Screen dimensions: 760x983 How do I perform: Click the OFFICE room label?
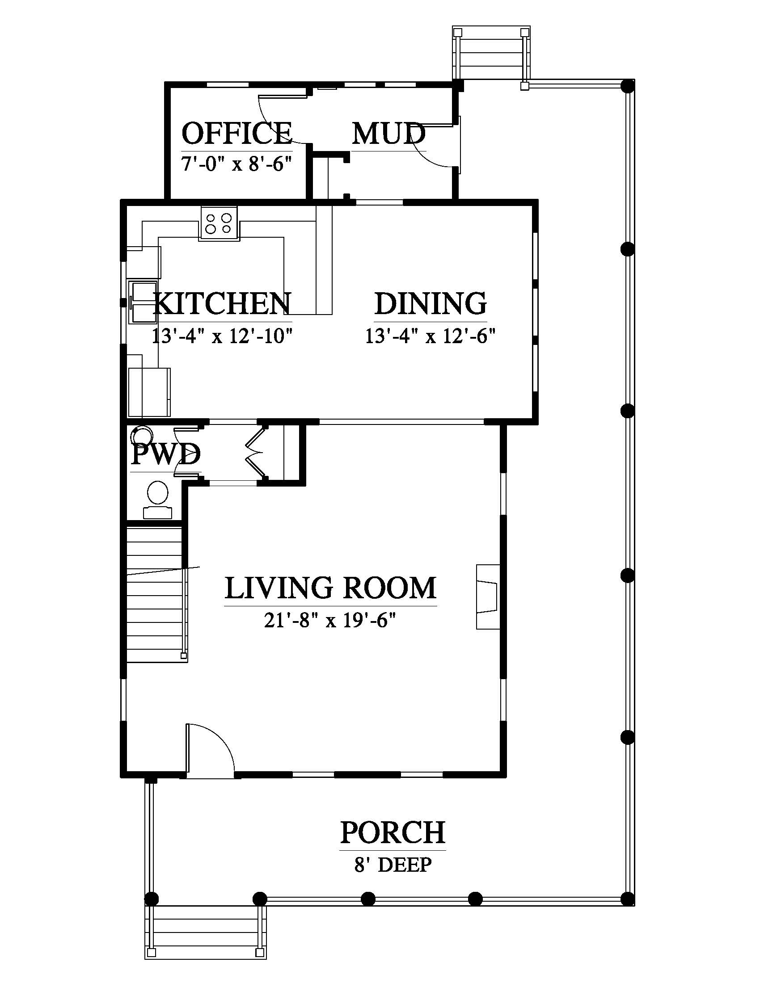click(x=237, y=133)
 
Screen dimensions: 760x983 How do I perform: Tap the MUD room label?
click(x=388, y=134)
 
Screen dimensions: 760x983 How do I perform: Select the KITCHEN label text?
click(x=223, y=303)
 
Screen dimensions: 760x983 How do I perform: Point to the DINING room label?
click(x=431, y=303)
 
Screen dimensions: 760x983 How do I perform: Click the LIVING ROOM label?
click(x=330, y=588)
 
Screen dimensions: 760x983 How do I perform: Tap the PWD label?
click(x=166, y=454)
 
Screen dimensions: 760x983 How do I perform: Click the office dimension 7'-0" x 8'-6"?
click(x=237, y=164)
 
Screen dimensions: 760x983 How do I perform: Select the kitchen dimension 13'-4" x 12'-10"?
click(x=223, y=336)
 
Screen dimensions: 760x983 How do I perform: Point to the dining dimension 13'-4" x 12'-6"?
click(x=431, y=336)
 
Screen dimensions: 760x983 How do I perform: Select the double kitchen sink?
click(x=143, y=302)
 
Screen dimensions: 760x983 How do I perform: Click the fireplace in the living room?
click(x=488, y=597)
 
